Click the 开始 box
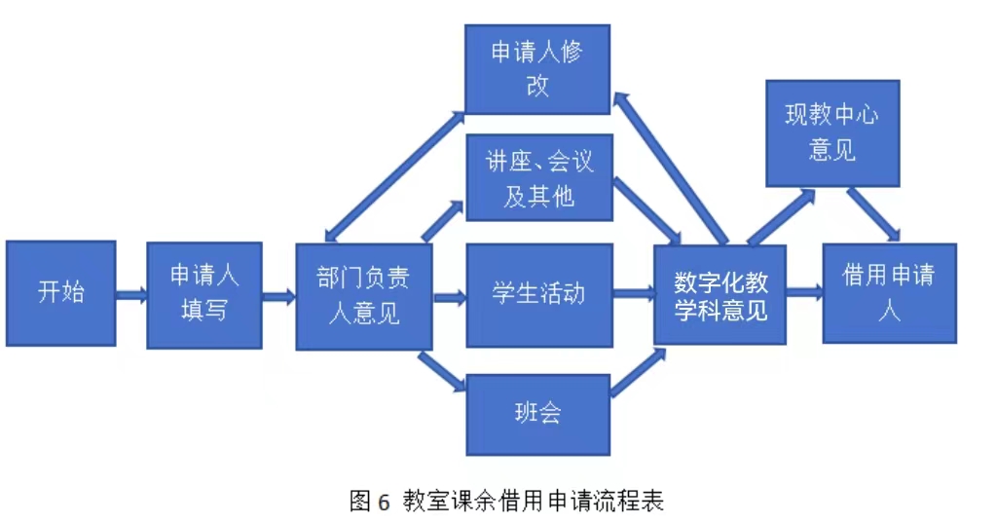60,292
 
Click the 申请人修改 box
536,69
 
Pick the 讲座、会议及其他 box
538,177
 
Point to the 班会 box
538,413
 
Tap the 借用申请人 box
889,292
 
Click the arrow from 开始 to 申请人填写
131,293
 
